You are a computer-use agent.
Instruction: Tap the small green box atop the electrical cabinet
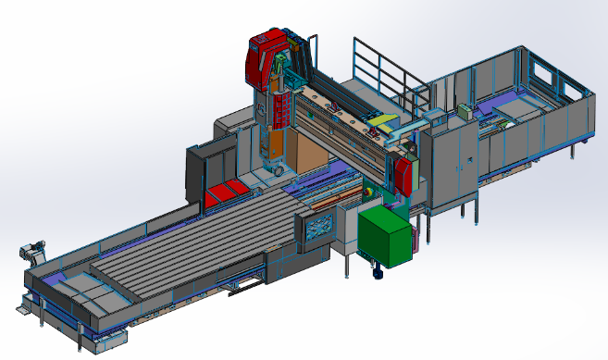click(463, 112)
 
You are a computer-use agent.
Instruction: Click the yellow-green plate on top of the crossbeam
click(380, 122)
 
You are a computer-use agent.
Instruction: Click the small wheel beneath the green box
click(377, 272)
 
